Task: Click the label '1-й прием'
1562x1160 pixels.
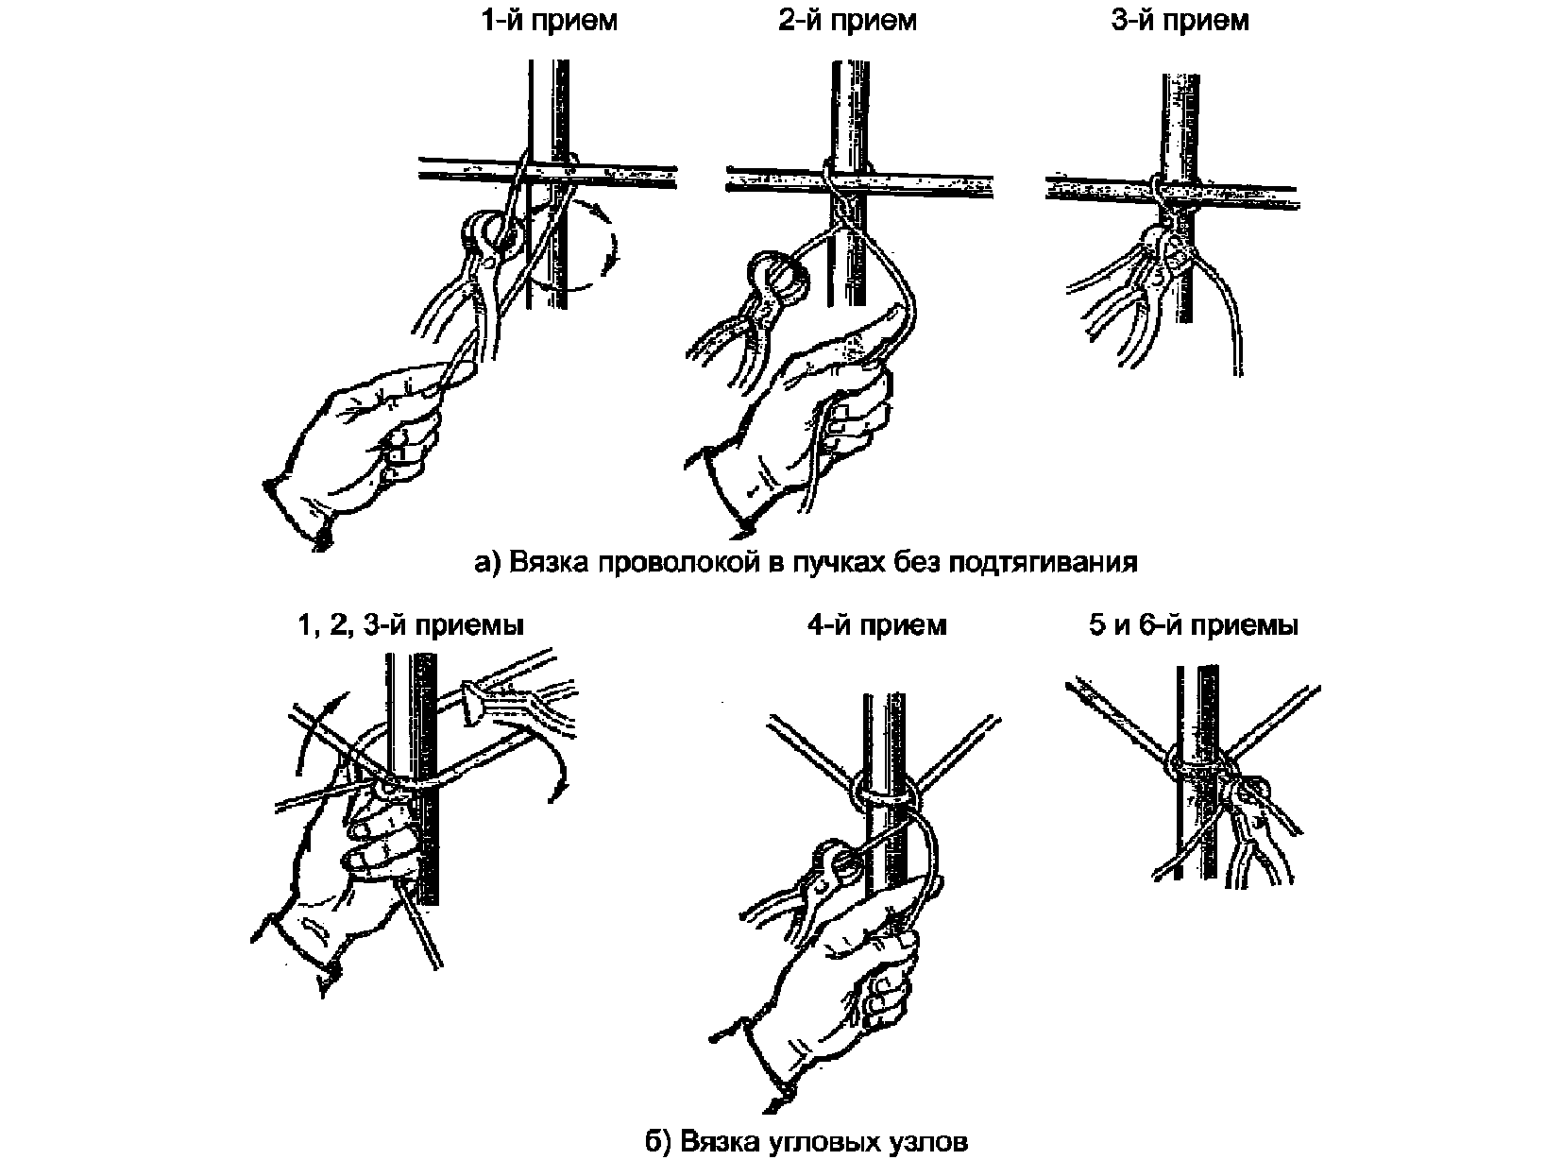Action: (550, 22)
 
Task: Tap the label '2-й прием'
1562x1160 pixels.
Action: (847, 22)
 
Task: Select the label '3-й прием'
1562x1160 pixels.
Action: (1180, 22)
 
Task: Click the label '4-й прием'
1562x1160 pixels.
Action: (877, 625)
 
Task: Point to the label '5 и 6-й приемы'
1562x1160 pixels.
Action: (1194, 625)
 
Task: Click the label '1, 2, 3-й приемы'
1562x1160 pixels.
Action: (411, 625)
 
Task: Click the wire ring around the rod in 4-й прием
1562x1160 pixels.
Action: (885, 792)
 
